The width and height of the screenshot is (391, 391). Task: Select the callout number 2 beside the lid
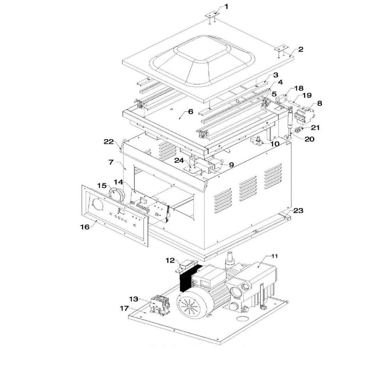pyautogui.click(x=301, y=49)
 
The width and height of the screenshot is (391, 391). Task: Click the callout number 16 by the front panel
pyautogui.click(x=85, y=227)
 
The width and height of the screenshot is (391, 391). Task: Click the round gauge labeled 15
pyautogui.click(x=117, y=195)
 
